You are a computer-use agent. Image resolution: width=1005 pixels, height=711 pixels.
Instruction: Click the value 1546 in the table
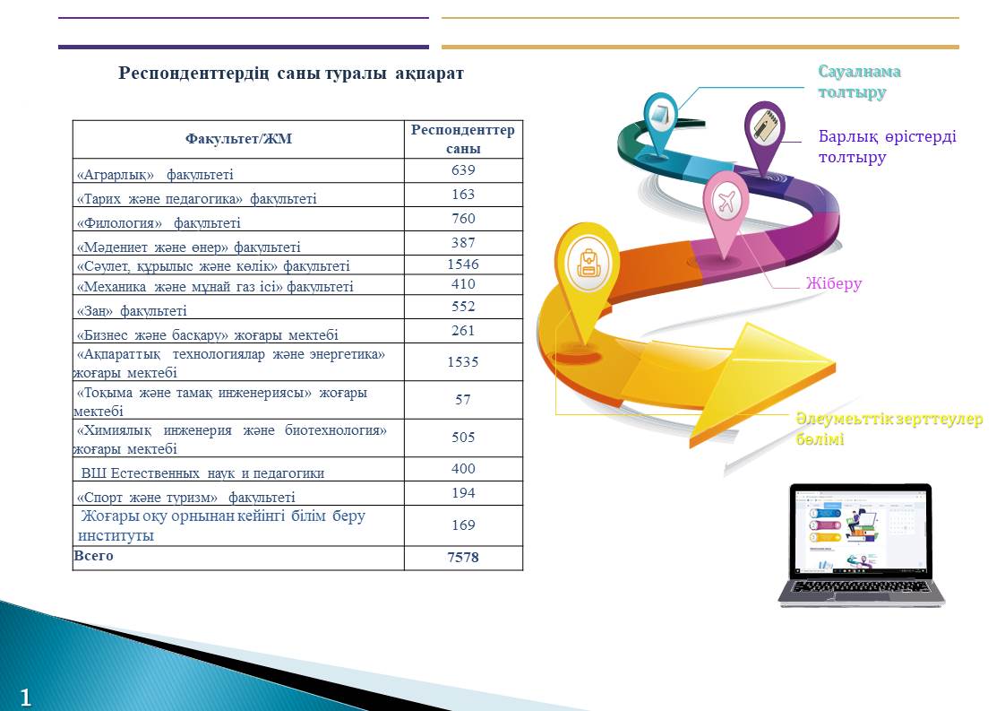click(463, 264)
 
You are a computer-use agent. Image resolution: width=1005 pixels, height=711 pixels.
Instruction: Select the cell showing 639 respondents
click(463, 170)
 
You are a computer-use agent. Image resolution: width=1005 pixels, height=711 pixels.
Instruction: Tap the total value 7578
click(463, 557)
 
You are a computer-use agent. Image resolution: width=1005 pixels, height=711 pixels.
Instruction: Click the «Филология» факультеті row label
click(159, 223)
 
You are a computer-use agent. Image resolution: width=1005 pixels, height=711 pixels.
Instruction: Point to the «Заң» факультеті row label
click(132, 311)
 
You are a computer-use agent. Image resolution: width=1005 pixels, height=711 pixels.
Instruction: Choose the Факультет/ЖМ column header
click(238, 139)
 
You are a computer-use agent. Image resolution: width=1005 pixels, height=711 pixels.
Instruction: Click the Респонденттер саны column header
click(463, 139)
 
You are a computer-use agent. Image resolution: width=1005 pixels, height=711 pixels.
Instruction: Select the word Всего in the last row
click(93, 556)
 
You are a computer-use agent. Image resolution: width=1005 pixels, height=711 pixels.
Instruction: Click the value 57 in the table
click(463, 400)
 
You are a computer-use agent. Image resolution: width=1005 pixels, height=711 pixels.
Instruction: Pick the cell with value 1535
click(463, 362)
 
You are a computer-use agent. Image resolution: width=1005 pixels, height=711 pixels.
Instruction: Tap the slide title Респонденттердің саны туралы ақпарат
click(291, 74)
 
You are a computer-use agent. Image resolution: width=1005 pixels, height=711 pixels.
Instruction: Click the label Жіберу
click(833, 283)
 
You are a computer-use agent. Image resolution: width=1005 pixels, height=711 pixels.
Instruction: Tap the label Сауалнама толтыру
click(859, 82)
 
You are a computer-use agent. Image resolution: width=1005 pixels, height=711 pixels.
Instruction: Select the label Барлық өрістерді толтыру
click(887, 146)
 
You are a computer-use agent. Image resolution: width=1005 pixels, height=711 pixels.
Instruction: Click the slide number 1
click(25, 698)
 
